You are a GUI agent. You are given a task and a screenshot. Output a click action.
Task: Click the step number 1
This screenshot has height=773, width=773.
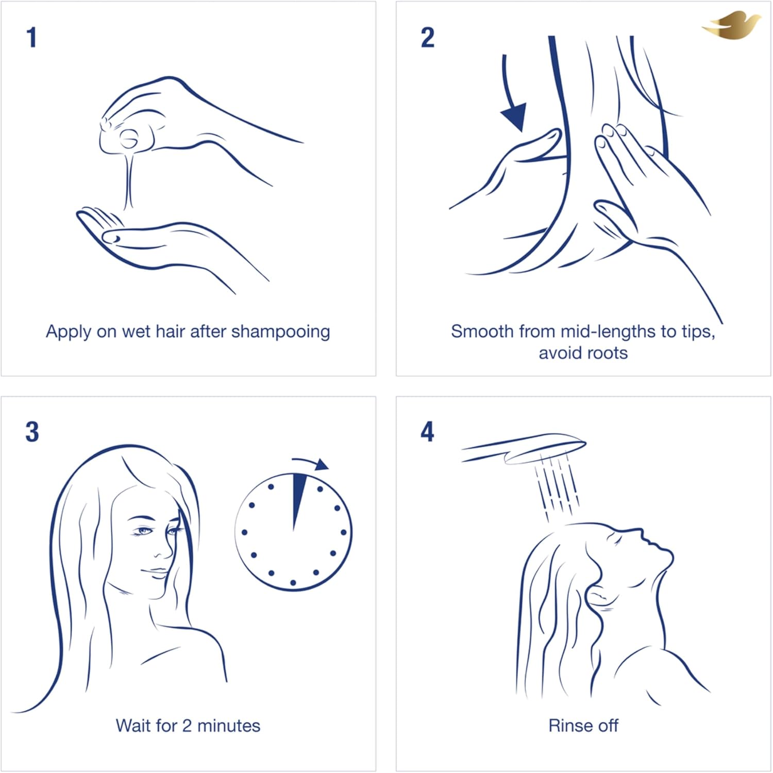[32, 38]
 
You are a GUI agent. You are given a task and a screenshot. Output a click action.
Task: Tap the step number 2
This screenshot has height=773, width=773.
[428, 38]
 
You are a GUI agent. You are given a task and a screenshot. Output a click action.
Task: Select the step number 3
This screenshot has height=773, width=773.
[32, 432]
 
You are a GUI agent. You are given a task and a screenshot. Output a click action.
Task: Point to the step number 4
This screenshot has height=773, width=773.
[428, 432]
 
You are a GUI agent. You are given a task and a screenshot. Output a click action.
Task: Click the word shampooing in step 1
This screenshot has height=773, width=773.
[280, 332]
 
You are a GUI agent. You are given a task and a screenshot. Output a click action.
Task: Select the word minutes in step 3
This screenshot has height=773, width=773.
[229, 726]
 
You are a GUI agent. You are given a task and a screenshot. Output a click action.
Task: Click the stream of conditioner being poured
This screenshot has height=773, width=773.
[128, 180]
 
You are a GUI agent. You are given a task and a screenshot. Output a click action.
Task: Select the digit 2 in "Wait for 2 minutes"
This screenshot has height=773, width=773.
[187, 726]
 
